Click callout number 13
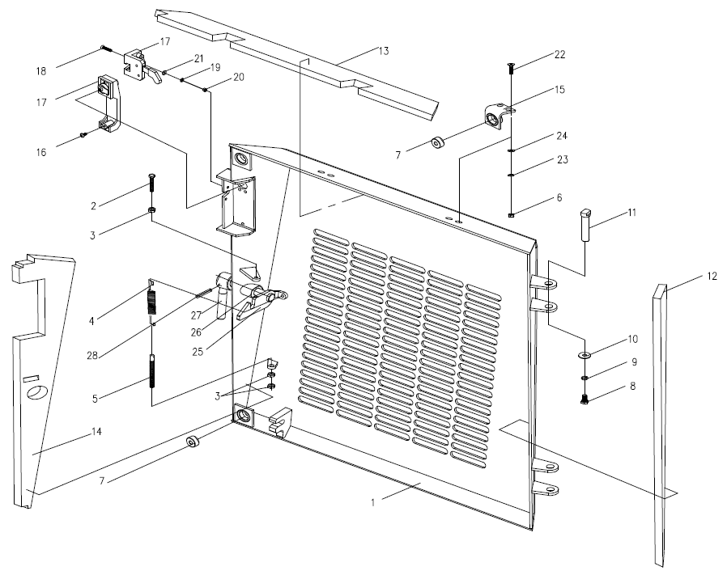383,50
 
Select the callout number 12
712,277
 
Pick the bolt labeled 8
585,396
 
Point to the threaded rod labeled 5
152,375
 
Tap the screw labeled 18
107,49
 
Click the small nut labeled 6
512,214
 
